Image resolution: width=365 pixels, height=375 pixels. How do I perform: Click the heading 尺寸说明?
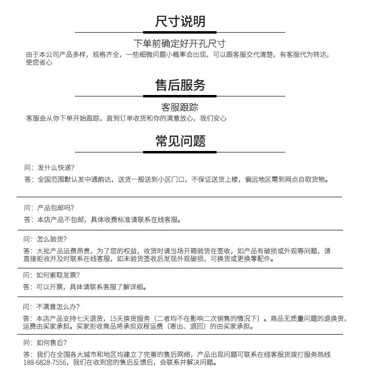[180, 21]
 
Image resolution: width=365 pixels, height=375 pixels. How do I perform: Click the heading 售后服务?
[180, 86]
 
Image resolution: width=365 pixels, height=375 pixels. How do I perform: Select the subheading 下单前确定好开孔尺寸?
[180, 44]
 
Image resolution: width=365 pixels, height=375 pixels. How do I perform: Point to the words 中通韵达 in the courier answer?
[100, 180]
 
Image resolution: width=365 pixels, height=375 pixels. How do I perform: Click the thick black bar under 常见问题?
[180, 152]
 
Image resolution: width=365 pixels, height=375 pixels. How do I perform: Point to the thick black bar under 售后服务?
[180, 96]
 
